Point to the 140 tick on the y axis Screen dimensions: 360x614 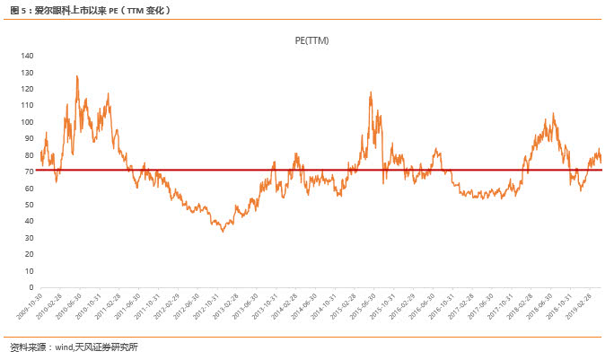(27, 56)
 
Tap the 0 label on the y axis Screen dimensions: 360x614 (31, 288)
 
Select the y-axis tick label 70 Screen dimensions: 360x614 (29, 171)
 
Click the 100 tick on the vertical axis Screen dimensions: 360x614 (27, 122)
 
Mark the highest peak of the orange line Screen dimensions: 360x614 (77, 76)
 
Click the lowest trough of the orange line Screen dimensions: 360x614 (223, 231)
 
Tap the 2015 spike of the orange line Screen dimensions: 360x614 (370, 92)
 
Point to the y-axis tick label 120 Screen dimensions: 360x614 (27, 89)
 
